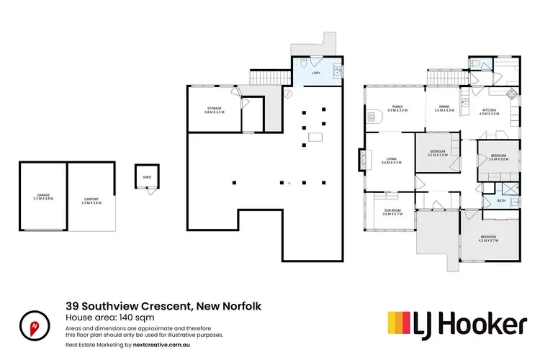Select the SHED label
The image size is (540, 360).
tap(146, 176)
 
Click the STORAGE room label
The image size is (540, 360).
tap(215, 108)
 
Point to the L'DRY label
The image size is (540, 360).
tap(315, 73)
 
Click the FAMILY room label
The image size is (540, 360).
tap(397, 107)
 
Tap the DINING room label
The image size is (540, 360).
tap(444, 107)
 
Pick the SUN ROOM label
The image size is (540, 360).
tap(392, 210)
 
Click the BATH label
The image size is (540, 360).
tap(502, 201)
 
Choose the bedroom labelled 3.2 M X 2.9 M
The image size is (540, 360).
tap(438, 152)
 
